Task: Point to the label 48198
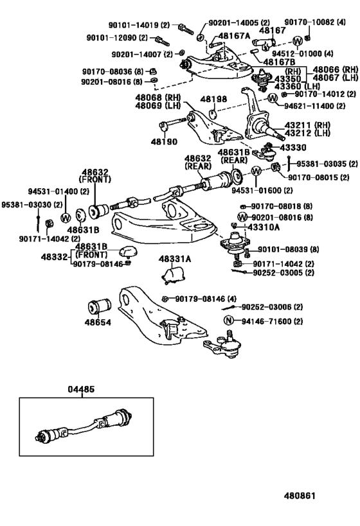pyautogui.click(x=212, y=100)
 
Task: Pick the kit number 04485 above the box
pyautogui.click(x=80, y=390)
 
